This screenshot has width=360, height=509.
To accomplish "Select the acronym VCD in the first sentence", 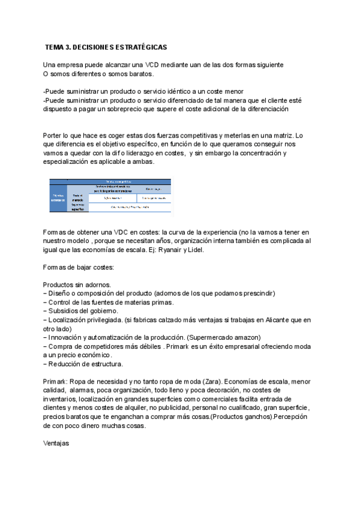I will [152, 64].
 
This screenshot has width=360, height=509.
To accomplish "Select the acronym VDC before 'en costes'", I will [109, 232].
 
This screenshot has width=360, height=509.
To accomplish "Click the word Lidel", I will [195, 250].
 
